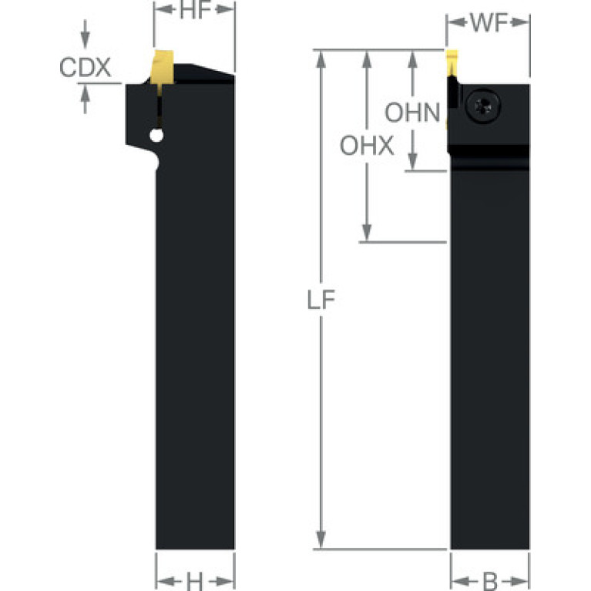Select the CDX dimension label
tap(86, 68)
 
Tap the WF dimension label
tap(489, 22)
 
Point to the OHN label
tap(412, 112)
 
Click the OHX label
tap(367, 146)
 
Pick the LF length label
tap(321, 300)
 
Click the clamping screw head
tap(483, 106)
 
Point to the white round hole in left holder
tap(156, 136)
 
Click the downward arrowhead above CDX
tap(86, 39)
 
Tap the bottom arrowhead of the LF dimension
tap(321, 539)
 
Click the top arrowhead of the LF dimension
tap(321, 59)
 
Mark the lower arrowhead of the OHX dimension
tap(367, 232)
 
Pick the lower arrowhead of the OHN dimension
tap(413, 161)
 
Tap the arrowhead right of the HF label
tap(225, 9)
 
